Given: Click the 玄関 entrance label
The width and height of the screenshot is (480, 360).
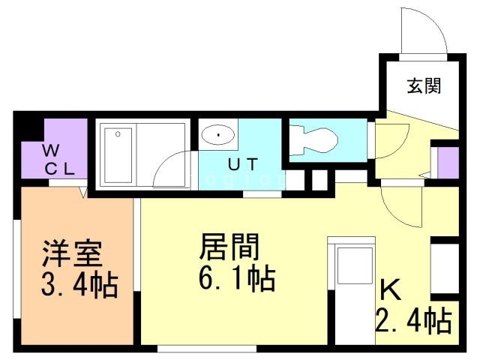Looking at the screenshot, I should tap(423, 86).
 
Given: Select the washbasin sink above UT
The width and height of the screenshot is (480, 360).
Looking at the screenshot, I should tap(218, 135).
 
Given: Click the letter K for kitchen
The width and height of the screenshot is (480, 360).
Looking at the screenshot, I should tap(388, 289).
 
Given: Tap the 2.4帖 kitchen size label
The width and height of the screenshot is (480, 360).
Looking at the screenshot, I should tap(413, 320).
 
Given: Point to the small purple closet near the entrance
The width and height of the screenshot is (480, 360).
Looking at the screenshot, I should tap(448, 163).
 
